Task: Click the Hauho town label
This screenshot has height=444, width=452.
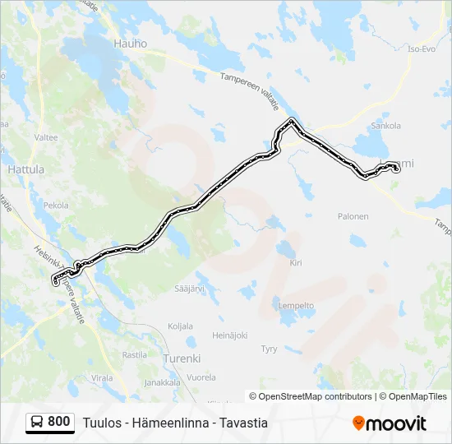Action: [x=131, y=44]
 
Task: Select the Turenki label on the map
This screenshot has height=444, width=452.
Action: [x=182, y=358]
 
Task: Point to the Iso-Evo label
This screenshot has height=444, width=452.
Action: [x=421, y=49]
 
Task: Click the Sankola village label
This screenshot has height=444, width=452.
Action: [x=385, y=126]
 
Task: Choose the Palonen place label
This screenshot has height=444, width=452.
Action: [x=353, y=217]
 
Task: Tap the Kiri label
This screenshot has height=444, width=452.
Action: [x=296, y=263]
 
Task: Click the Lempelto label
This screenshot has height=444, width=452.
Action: [x=297, y=305]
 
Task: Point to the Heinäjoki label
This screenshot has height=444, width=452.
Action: [x=230, y=335]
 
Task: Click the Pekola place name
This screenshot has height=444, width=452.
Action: [x=56, y=205]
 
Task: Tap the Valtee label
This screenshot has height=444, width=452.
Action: [x=46, y=137]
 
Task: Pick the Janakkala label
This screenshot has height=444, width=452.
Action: [x=162, y=382]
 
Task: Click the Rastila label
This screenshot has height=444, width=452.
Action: [x=134, y=355]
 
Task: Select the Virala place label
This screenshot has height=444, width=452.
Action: [x=102, y=377]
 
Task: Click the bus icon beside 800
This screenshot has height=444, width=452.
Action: [x=38, y=422]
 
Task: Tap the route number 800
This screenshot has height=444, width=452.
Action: [x=59, y=422]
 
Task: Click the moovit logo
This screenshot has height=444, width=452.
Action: [x=390, y=423]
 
